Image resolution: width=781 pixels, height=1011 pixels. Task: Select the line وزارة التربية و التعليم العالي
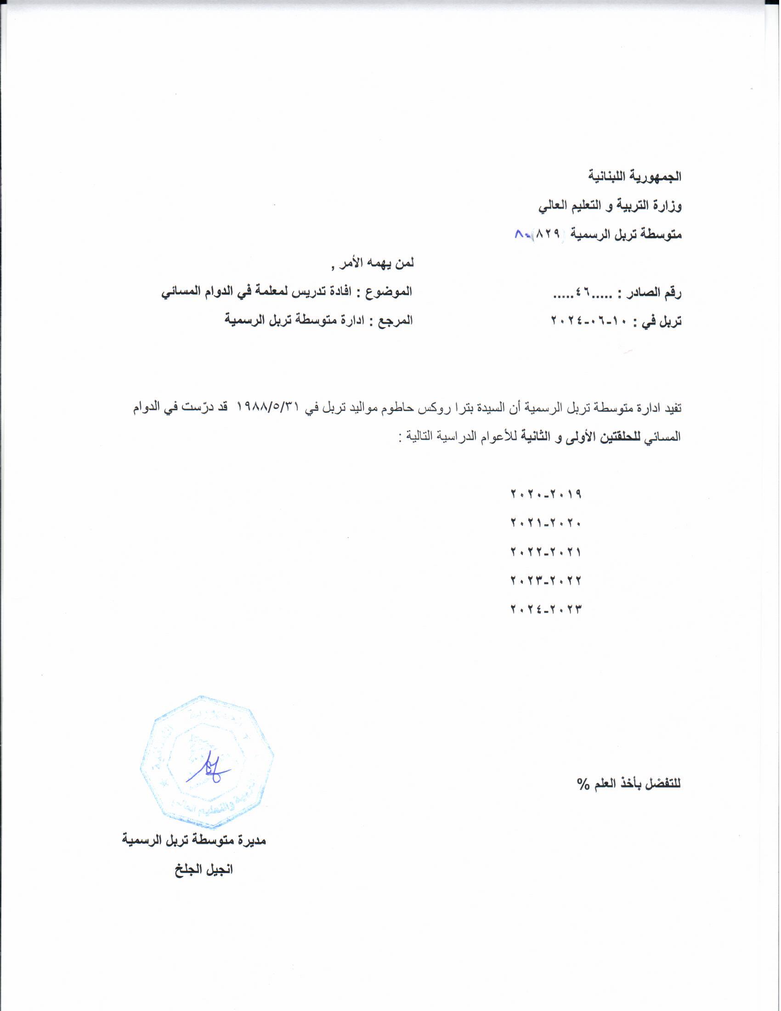(x=610, y=206)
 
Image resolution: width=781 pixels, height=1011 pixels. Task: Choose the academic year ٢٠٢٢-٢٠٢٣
(x=545, y=580)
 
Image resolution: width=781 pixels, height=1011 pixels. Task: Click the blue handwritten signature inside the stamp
(x=208, y=769)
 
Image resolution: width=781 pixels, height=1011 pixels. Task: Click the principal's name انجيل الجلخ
(x=204, y=869)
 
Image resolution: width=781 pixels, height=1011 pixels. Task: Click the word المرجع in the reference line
(x=396, y=321)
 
